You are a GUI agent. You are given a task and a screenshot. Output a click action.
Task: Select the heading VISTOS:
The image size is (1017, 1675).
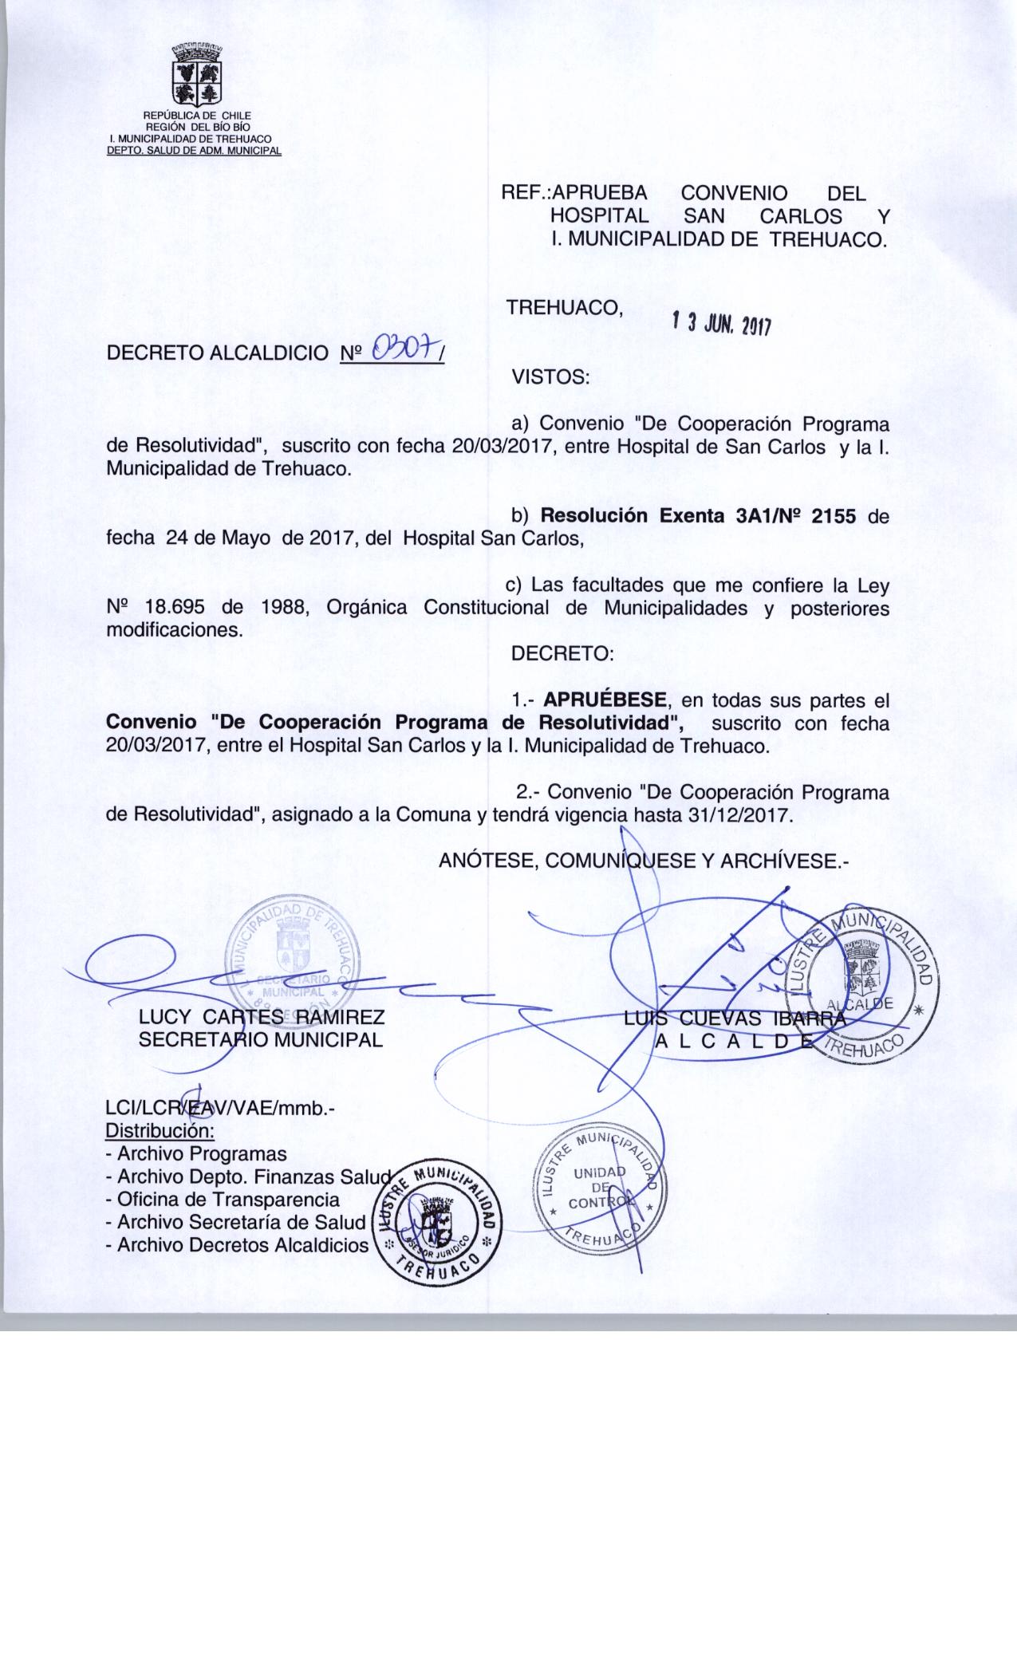[x=550, y=376]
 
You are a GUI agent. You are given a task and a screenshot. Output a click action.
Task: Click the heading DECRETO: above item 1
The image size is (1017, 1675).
[x=562, y=653]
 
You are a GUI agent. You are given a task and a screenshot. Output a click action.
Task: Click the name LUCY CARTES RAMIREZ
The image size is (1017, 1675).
[x=262, y=1018]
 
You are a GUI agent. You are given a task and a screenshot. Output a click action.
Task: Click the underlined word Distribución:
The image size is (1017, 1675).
[x=160, y=1131]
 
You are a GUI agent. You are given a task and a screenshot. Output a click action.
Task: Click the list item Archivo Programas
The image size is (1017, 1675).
[x=196, y=1153]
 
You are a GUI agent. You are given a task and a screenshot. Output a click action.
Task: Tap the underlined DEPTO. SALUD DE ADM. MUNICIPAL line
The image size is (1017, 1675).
[x=195, y=151]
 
